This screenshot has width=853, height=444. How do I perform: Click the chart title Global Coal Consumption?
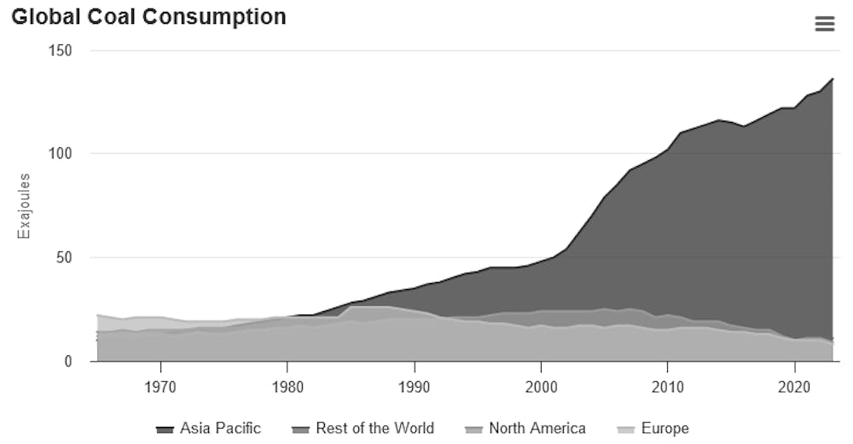tap(148, 17)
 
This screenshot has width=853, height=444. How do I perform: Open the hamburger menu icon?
tap(825, 24)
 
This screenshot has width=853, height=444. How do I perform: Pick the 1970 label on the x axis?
tap(160, 386)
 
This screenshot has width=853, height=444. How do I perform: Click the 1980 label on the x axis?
tap(287, 386)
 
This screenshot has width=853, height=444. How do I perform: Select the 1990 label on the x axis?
tap(414, 386)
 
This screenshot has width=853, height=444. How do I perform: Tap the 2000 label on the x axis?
tap(541, 386)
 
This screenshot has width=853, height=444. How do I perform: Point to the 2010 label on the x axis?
tap(668, 386)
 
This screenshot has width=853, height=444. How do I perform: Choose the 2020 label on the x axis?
tap(795, 386)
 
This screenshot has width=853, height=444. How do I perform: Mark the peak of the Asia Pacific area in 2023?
tap(833, 78)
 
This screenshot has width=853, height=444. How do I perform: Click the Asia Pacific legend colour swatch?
tap(165, 429)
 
